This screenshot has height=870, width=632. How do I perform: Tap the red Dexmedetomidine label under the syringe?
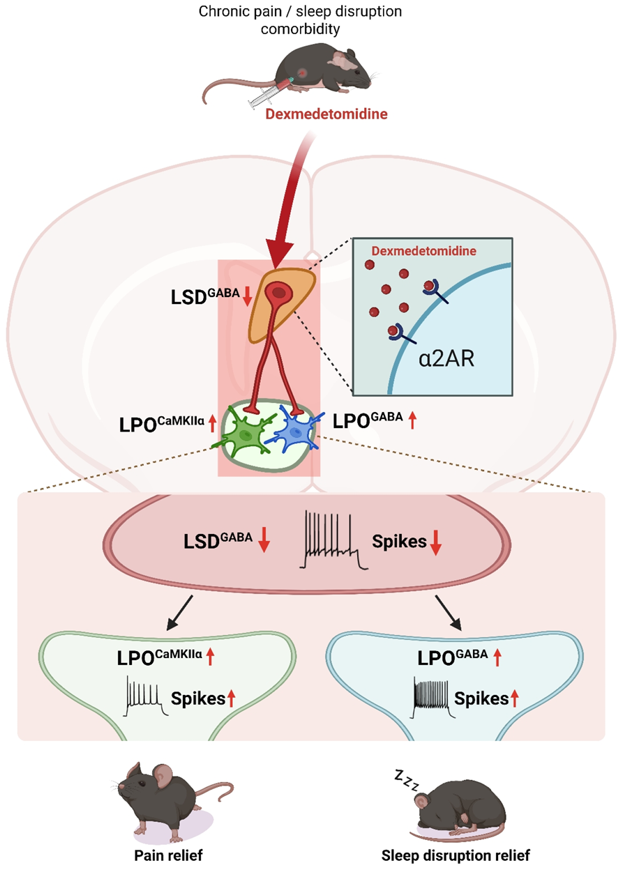pos(326,114)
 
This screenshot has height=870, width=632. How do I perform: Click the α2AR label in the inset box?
pos(446,358)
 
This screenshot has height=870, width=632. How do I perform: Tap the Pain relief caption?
pos(168,855)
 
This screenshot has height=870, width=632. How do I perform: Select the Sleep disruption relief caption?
pos(456,855)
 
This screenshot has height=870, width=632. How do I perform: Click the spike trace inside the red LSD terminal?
pos(333,540)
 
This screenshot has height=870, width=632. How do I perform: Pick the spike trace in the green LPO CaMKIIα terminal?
pos(145,696)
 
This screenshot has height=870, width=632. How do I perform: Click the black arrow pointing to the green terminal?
pos(179,613)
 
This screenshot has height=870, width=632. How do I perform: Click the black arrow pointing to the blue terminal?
pos(449,613)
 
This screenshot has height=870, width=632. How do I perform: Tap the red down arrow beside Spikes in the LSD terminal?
pos(436,542)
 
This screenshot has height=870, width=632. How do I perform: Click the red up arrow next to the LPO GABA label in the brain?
pos(412,420)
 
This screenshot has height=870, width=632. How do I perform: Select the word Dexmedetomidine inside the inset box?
pos(423,251)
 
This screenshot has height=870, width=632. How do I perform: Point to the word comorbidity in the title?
pos(300,29)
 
